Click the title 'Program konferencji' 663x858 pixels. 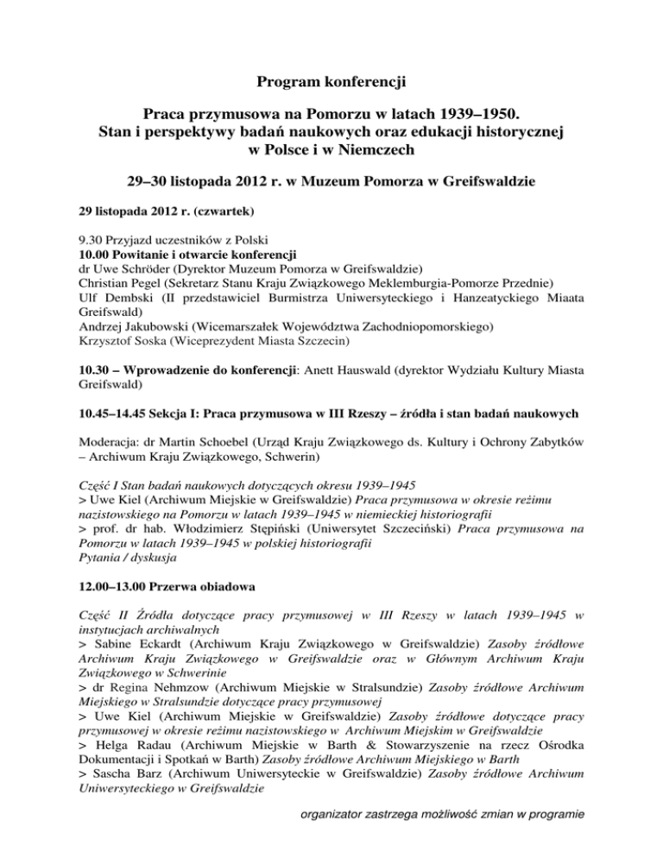[x=331, y=84]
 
